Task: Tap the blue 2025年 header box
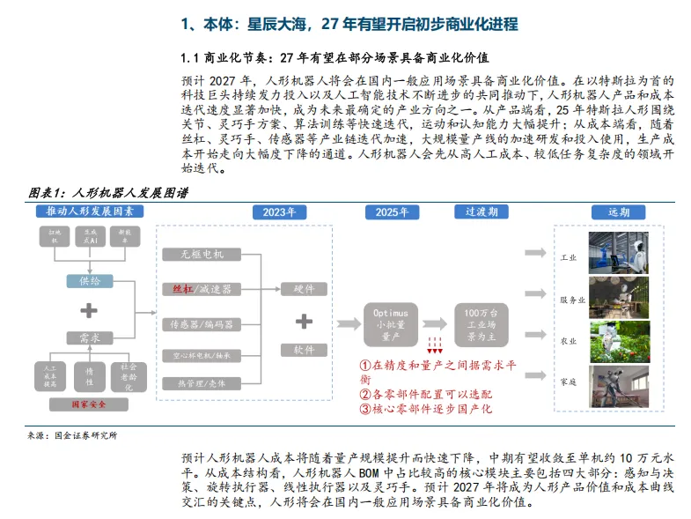tap(391, 212)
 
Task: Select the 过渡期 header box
tap(481, 212)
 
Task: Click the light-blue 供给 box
tap(90, 280)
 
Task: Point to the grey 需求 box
tap(90, 338)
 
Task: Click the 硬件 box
tap(304, 288)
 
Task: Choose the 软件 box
tap(304, 350)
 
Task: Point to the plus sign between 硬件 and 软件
tap(304, 319)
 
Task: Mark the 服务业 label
tap(573, 300)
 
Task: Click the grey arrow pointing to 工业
tap(536, 253)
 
